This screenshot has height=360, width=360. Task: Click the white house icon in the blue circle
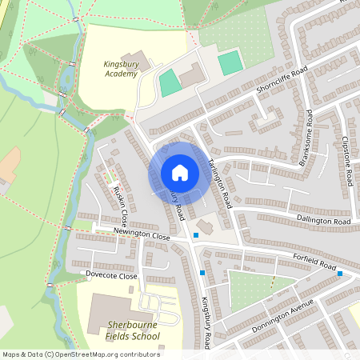point(179,173)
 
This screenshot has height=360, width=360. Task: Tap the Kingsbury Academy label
point(121,69)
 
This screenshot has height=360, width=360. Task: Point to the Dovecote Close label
point(111,275)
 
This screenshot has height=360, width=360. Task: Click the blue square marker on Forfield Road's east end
point(340,274)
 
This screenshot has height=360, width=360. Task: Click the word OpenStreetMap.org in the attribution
point(102,354)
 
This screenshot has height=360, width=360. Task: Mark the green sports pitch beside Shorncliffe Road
point(230,62)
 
